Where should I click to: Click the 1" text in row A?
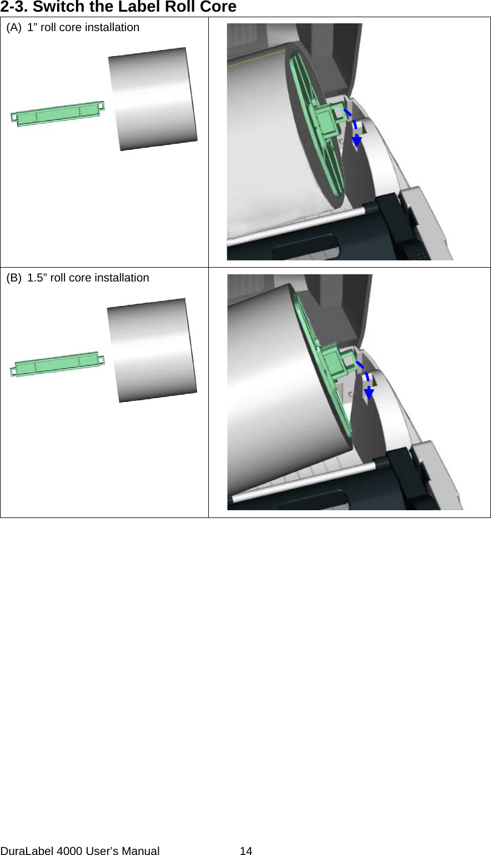[33, 27]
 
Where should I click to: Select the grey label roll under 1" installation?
[153, 99]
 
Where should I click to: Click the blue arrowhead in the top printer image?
[357, 141]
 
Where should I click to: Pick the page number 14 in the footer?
[245, 850]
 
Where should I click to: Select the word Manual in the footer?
[141, 850]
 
